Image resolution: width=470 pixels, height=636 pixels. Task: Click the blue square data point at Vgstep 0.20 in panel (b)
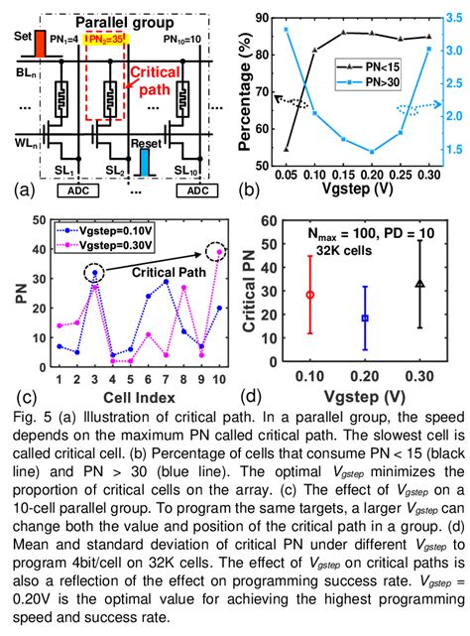tap(372, 152)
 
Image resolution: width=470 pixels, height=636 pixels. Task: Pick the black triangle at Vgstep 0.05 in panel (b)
tap(287, 149)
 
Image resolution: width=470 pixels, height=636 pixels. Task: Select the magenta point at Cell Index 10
tap(218, 252)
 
